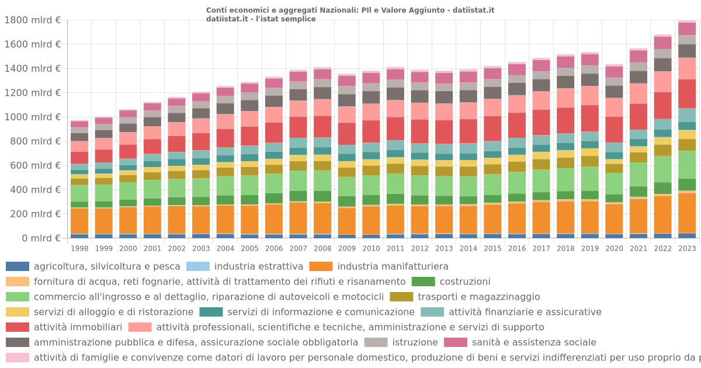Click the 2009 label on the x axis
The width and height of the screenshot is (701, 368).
coord(347,248)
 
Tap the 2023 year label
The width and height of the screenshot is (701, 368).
coord(687,248)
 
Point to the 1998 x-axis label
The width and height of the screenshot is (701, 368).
coord(79,248)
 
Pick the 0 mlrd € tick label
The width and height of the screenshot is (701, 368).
coord(41,238)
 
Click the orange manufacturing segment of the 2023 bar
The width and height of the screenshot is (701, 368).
coord(687,213)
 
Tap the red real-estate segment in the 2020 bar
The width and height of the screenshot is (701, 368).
coord(614,129)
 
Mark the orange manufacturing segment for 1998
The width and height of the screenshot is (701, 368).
coord(79,221)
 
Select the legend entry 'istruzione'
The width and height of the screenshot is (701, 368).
coord(415,342)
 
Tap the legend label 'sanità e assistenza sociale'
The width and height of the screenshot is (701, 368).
coord(534,342)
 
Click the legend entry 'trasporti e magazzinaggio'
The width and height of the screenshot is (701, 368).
coord(478,297)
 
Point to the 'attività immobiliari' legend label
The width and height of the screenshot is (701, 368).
coord(78,327)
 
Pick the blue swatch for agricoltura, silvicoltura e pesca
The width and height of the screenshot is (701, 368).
coord(17,266)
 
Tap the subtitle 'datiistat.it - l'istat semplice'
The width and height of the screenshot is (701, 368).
coord(261,19)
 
